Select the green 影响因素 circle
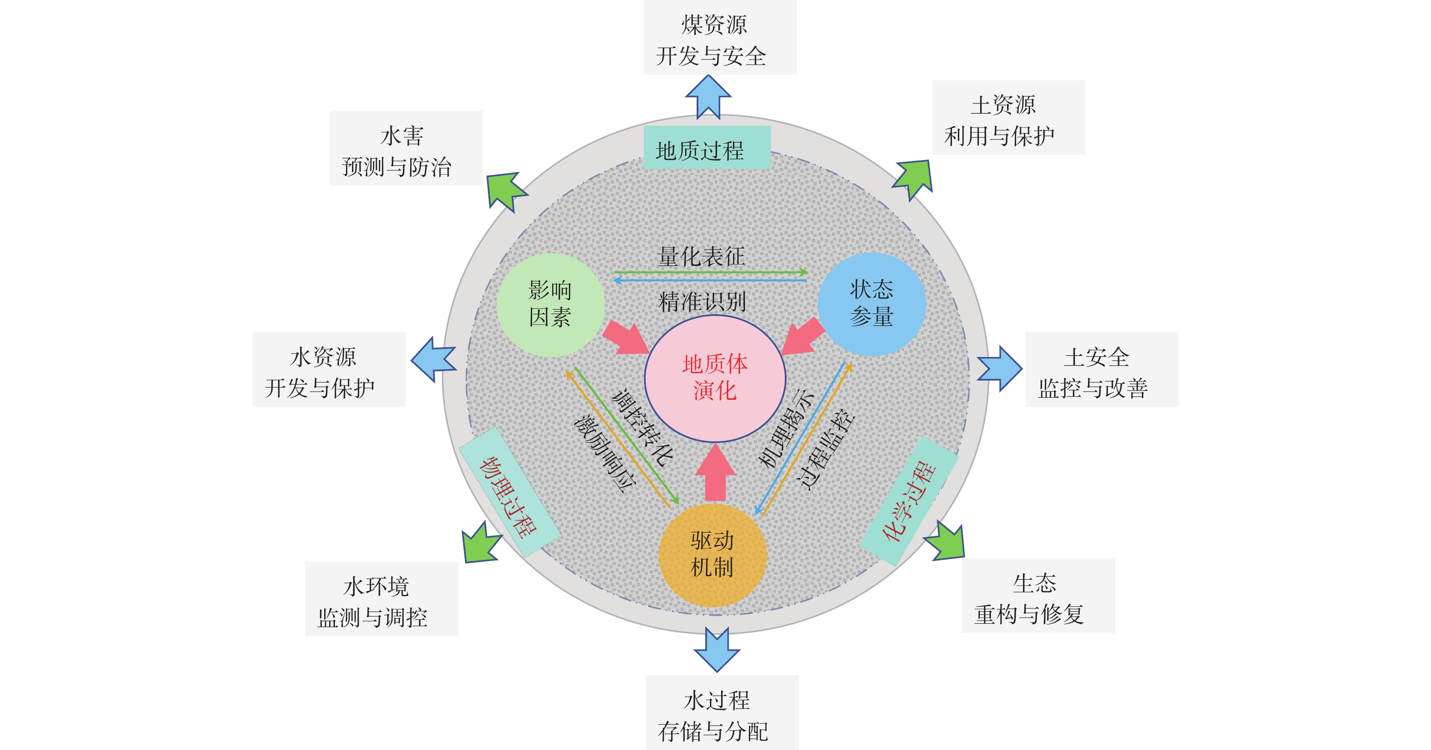point(550,305)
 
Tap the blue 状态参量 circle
point(871,304)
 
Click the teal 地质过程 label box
point(707,148)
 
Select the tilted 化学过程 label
point(909,500)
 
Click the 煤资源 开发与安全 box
point(720,38)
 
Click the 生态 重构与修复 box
point(1038,596)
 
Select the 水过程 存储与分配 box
point(721,713)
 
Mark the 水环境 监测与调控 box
point(381,599)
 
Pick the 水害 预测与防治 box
point(405,148)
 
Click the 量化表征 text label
point(701,256)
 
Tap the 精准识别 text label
point(702,301)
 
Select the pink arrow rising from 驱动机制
point(715,473)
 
